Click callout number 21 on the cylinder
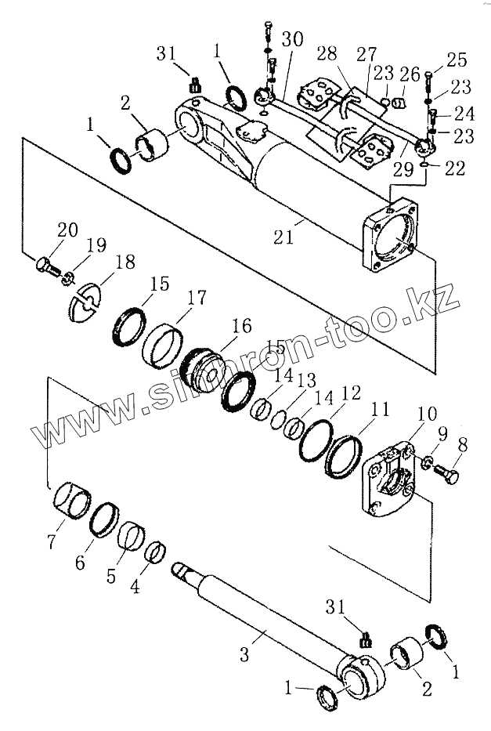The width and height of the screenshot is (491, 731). coord(283,236)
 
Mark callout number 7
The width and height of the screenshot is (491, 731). coord(52,542)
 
